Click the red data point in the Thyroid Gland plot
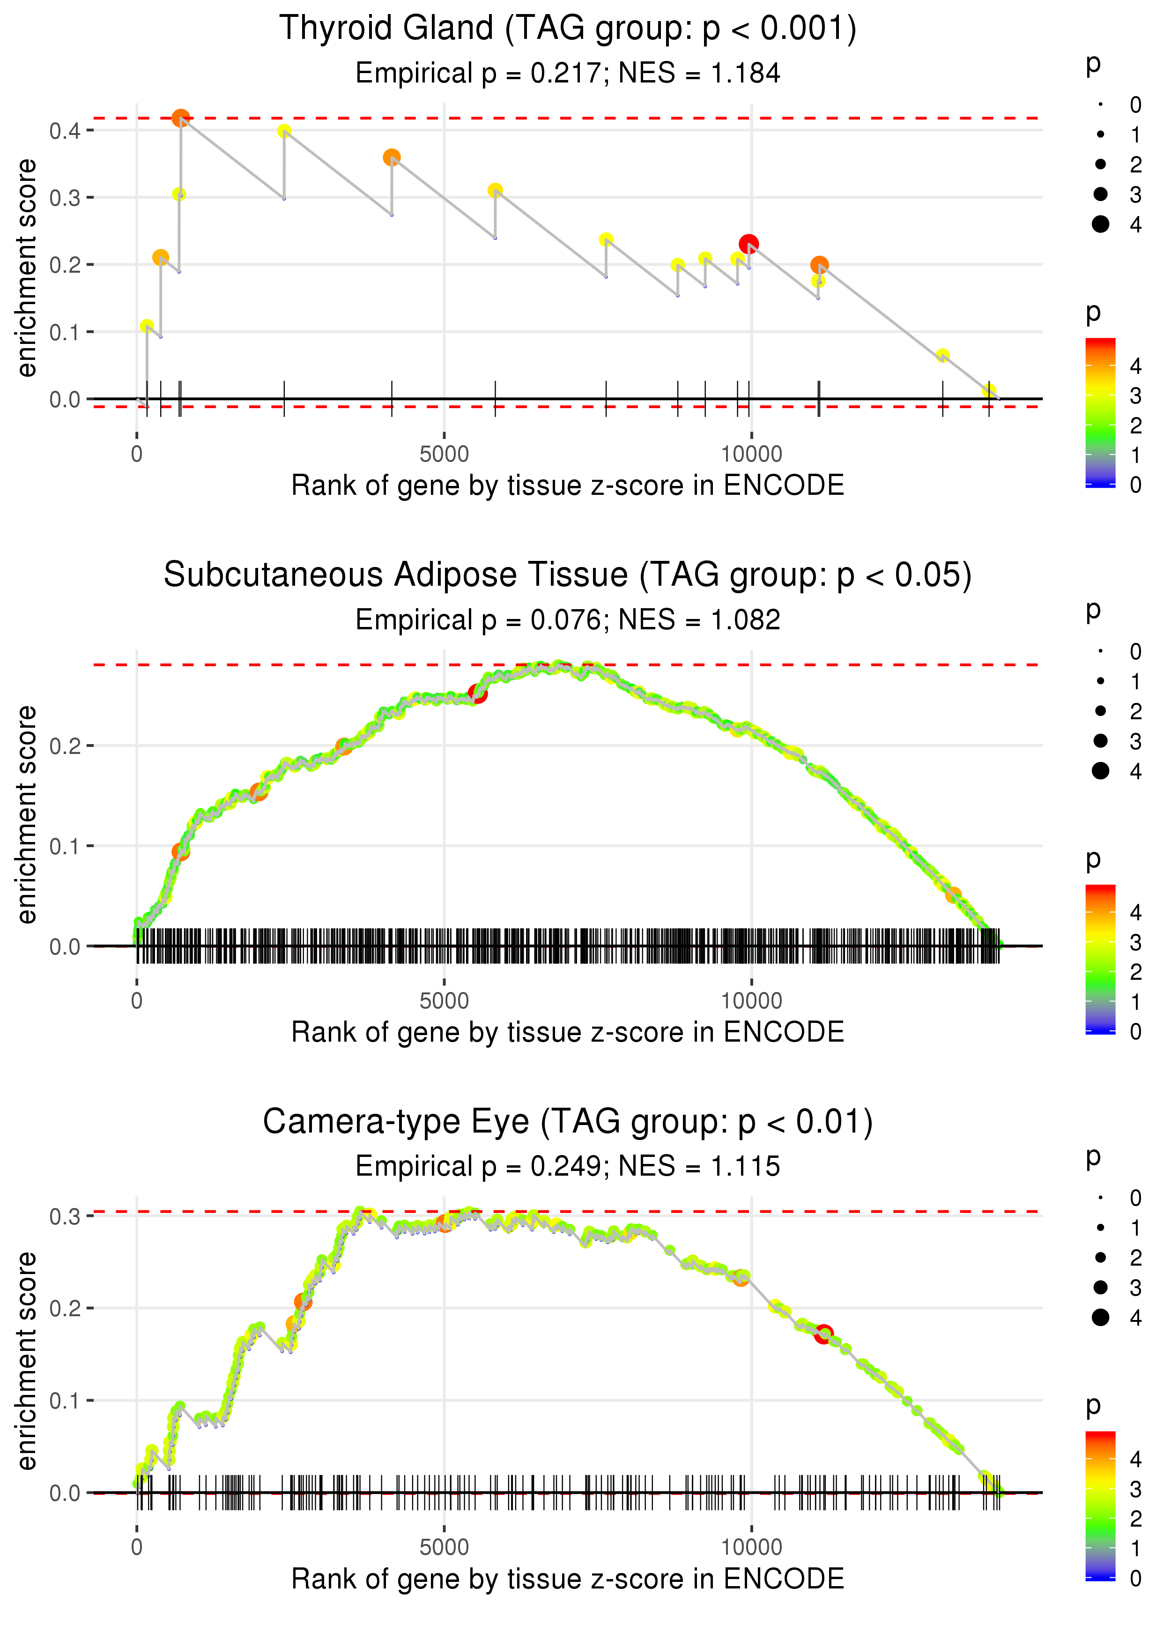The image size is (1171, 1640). [749, 244]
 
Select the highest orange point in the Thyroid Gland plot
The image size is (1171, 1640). [181, 118]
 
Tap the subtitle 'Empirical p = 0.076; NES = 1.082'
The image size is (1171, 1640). [568, 619]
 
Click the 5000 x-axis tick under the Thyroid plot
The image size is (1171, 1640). [444, 455]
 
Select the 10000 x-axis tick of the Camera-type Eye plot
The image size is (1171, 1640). [751, 1546]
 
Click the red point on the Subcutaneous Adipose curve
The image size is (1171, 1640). [477, 693]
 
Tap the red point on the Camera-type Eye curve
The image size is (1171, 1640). [823, 1334]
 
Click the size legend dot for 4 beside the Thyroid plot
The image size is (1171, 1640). [1100, 224]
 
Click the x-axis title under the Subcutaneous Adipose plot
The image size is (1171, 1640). [568, 1032]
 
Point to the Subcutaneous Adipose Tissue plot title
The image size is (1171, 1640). [568, 575]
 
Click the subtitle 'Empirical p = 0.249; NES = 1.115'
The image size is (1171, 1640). [568, 1166]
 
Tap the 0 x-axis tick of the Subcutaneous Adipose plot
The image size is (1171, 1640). [137, 1001]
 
